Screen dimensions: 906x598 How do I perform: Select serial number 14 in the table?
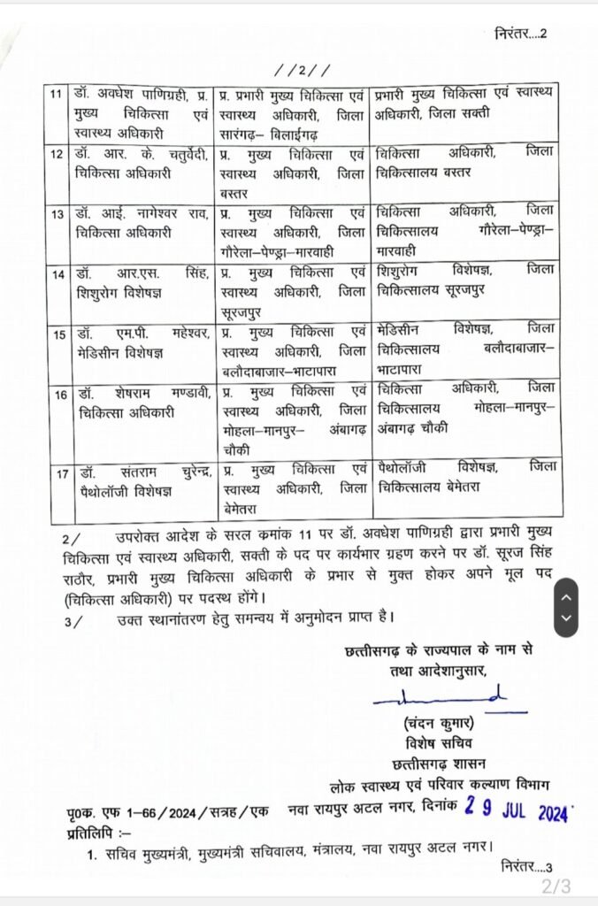point(57,274)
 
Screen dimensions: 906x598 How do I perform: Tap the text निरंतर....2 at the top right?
point(521,35)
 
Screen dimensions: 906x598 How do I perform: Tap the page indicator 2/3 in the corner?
point(556,886)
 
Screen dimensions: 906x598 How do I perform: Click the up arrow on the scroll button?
point(566,598)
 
